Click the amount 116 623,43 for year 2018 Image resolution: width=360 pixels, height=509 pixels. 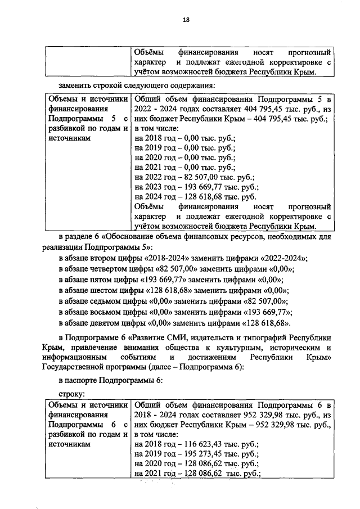tap(206, 445)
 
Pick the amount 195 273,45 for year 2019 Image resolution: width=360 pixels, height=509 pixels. tap(206, 454)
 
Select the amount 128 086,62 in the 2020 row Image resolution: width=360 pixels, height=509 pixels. tap(206, 465)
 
